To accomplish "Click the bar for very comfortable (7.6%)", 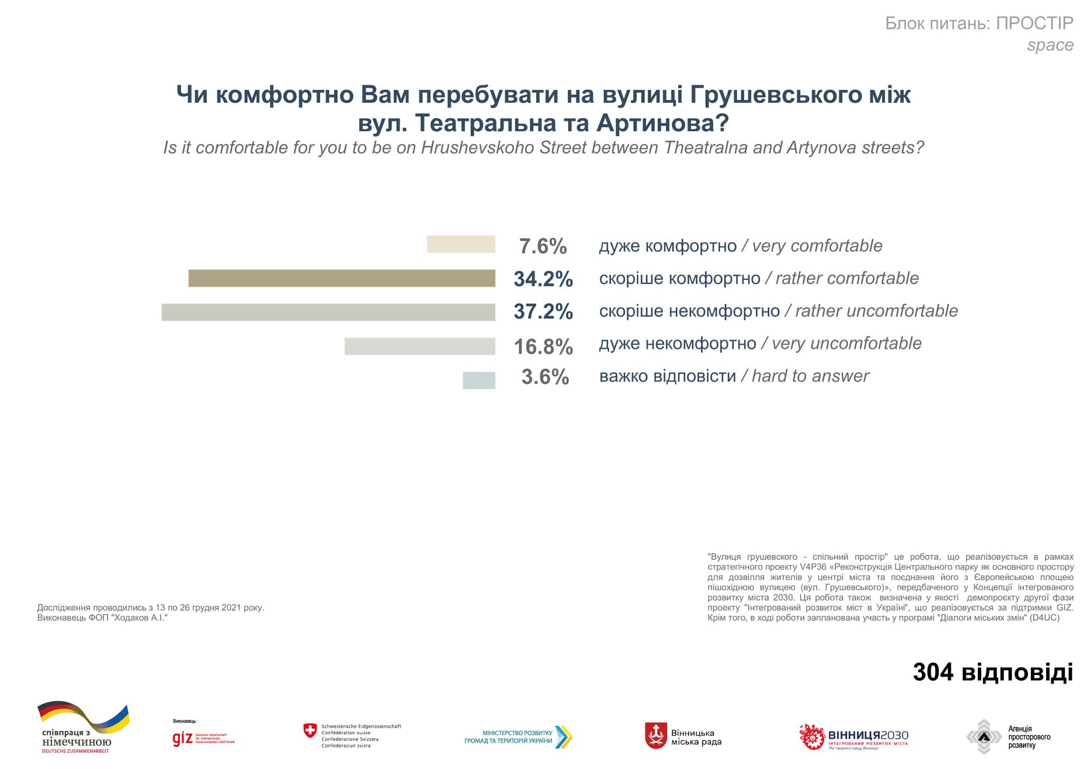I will tap(461, 244).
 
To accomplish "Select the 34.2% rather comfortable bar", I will tap(342, 278).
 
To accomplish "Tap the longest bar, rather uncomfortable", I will tap(328, 312).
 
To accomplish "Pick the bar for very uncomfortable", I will tap(419, 346).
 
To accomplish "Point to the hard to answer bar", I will tap(479, 380).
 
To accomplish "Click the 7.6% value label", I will tap(543, 247).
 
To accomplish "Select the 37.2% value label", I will tap(543, 311).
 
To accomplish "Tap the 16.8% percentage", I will tap(543, 347).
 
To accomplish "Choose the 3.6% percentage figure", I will tap(545, 377).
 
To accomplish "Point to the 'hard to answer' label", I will tap(810, 376).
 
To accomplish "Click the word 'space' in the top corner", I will tap(1050, 45).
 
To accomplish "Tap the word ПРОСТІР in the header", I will tap(1034, 23).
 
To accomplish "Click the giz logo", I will tap(182, 739).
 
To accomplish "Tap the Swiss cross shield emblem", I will tap(310, 730).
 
